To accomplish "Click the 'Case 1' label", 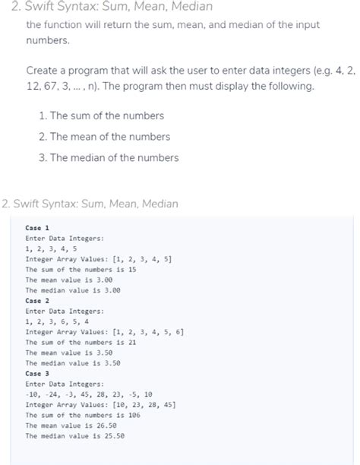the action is click(37, 228).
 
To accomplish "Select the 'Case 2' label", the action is click(37, 301).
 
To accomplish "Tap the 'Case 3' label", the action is click(37, 374).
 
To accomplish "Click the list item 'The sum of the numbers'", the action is click(106, 116).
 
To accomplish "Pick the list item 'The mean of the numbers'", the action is click(109, 137).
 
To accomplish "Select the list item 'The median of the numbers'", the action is click(113, 158).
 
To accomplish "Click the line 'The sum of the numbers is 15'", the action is click(81, 270).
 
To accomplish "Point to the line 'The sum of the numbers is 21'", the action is click(81, 343).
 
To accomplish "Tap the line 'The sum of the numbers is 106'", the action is click(83, 416).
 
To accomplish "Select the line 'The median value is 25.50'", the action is click(74, 436).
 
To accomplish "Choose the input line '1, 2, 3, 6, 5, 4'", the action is click(58, 321).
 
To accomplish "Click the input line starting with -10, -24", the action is click(89, 394).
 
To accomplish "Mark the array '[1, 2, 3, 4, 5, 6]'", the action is click(148, 332).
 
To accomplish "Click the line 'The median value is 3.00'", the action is click(73, 290).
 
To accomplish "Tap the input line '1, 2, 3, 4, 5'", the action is click(51, 248).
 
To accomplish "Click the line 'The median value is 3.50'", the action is click(73, 363).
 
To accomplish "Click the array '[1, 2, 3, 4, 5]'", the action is click(142, 259).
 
